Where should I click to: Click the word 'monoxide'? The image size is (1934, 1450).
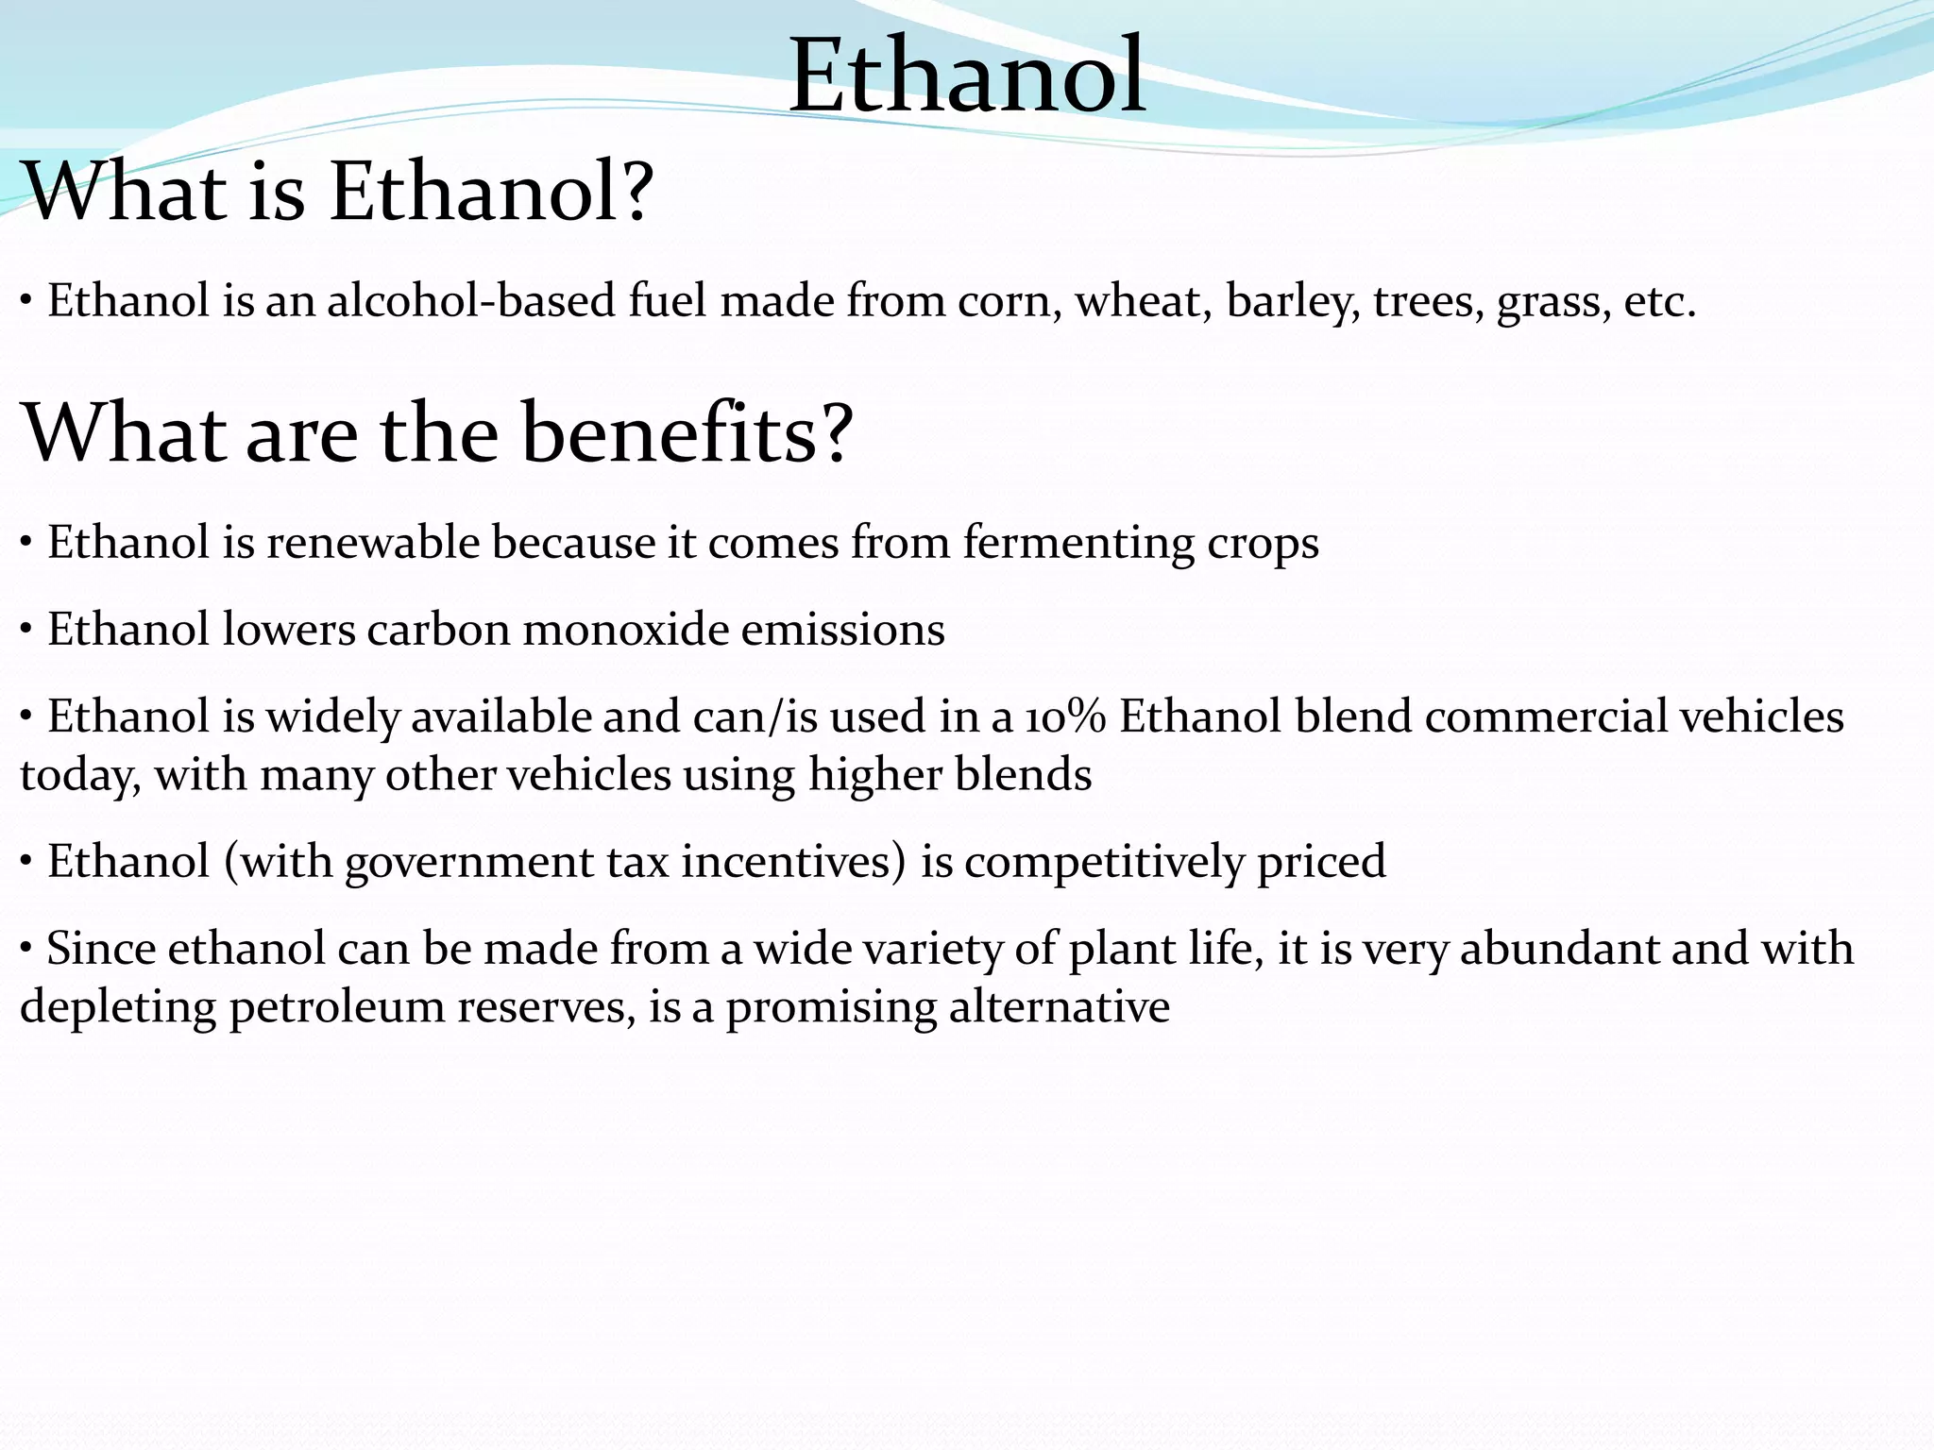[625, 630]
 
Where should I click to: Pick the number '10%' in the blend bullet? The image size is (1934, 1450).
[1065, 717]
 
